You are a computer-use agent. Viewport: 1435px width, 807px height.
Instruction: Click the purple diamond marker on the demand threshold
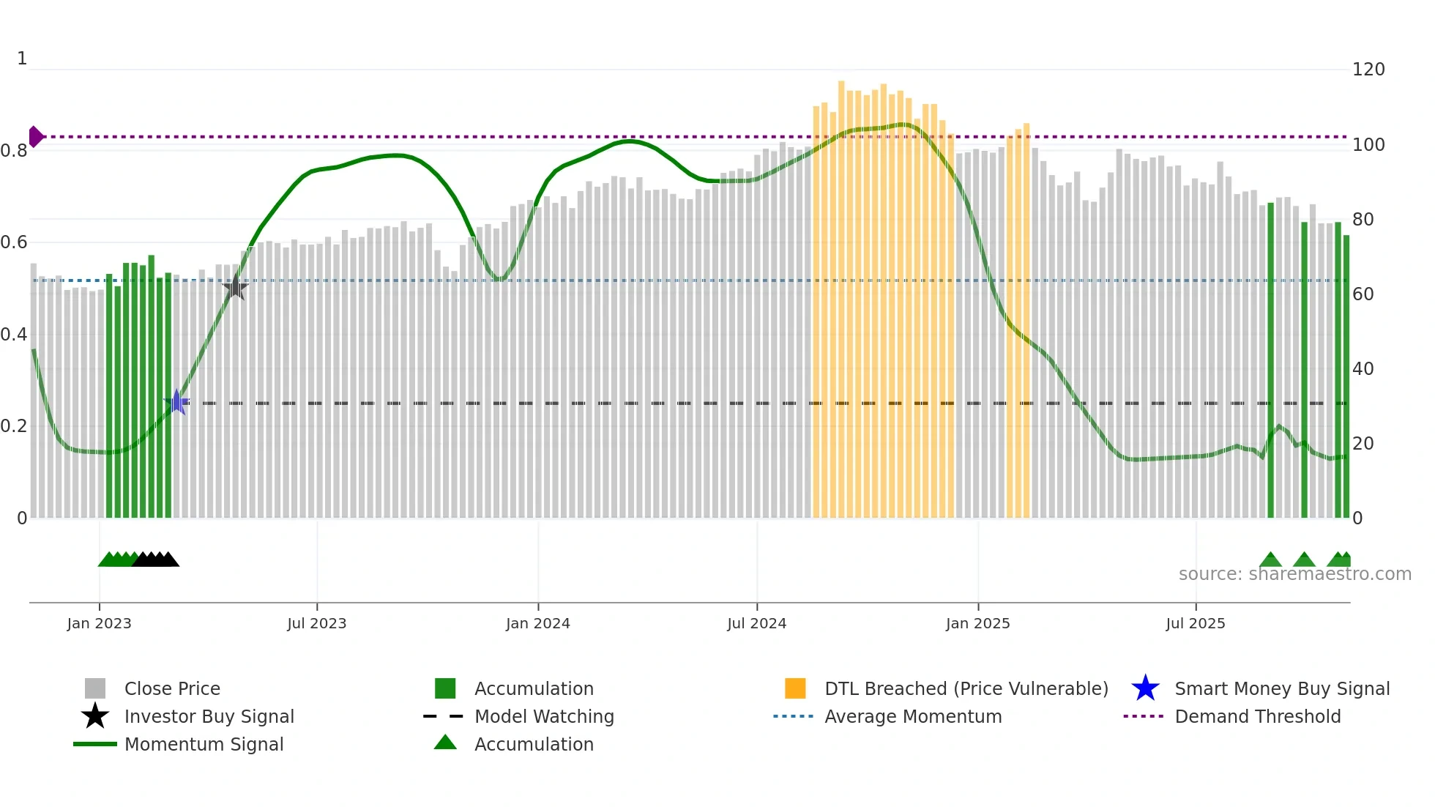35,137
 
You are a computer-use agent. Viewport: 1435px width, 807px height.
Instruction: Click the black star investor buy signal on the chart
235,288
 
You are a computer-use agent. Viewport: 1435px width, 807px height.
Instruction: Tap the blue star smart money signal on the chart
176,402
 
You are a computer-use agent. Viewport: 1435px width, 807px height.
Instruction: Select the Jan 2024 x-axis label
537,623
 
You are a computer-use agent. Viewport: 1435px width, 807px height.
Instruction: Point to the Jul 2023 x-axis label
316,623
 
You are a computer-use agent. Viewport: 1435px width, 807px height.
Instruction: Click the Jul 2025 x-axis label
1195,623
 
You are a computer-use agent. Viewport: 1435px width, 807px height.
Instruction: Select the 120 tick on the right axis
1368,70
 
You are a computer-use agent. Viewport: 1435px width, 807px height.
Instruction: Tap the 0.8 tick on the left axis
14,151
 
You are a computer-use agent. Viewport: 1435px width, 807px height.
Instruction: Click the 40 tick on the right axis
1363,369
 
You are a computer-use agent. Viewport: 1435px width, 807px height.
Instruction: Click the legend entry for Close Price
172,688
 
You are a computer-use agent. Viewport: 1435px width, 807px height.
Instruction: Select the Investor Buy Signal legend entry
209,716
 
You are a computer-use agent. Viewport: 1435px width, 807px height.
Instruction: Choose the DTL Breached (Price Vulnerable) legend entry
966,688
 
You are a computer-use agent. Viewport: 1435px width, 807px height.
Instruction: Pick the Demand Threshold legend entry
1257,716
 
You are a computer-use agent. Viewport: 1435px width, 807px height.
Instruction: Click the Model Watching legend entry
544,716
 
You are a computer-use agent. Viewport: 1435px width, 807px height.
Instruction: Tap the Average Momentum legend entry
912,716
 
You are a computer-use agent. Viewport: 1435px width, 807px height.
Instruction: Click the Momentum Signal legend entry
204,744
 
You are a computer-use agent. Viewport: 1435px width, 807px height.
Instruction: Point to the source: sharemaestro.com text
1294,574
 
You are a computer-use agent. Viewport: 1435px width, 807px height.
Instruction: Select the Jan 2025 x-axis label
977,623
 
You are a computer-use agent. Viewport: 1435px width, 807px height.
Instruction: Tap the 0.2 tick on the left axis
14,426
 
